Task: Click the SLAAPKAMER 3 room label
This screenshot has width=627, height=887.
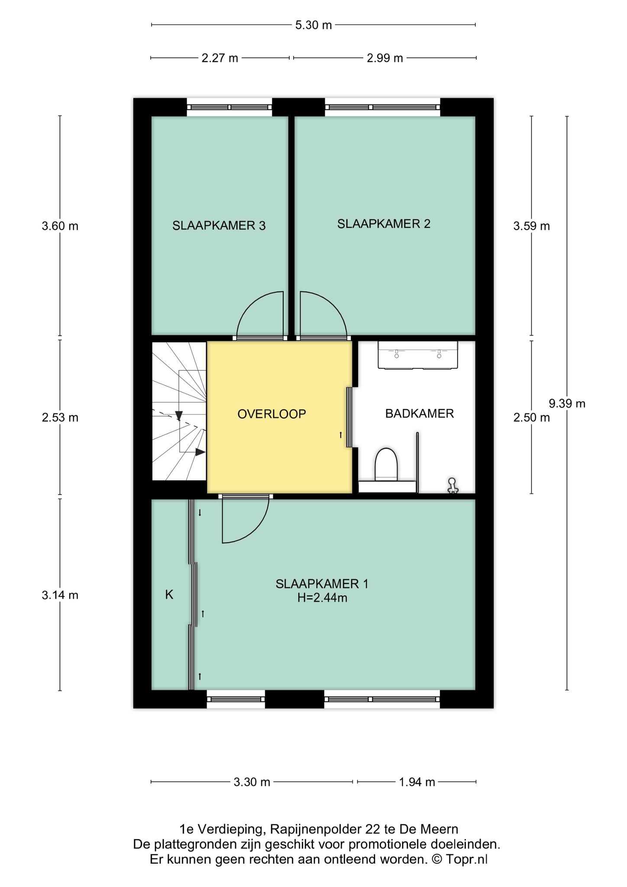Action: [219, 226]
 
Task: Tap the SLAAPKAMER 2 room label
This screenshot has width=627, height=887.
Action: [384, 224]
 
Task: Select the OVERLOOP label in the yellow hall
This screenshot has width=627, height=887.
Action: [271, 414]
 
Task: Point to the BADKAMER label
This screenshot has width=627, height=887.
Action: [419, 414]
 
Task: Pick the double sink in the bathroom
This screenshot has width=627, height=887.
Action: [418, 355]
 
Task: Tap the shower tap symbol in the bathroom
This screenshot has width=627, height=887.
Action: [452, 486]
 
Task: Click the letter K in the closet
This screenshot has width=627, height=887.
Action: [169, 595]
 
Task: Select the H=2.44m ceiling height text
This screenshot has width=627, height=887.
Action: [322, 598]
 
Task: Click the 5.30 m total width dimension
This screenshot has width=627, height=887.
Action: [313, 25]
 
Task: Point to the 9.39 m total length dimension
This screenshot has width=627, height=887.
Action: [567, 404]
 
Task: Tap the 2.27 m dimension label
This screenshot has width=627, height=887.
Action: [220, 58]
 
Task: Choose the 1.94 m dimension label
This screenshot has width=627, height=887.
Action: [417, 782]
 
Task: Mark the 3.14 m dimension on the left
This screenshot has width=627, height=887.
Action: [60, 595]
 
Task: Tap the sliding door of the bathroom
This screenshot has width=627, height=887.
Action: [349, 417]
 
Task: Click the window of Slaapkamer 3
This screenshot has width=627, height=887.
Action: [229, 107]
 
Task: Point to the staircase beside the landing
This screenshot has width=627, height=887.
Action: [179, 411]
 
